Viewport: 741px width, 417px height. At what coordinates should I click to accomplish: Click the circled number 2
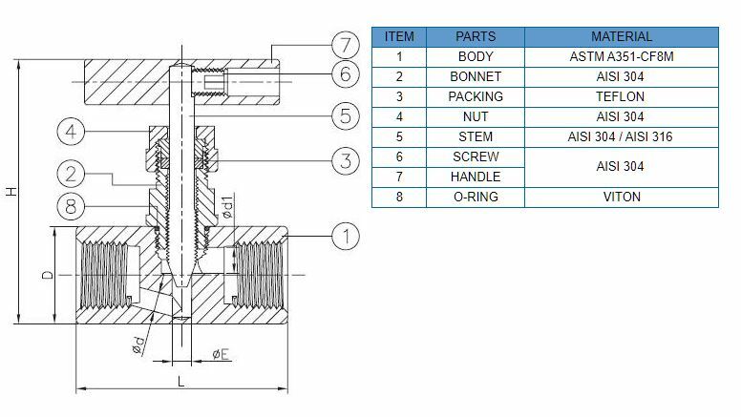(x=72, y=174)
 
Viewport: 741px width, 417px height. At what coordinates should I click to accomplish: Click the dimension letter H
(x=11, y=192)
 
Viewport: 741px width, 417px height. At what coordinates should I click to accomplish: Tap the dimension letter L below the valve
(x=181, y=381)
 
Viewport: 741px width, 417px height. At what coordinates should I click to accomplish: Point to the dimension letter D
(x=45, y=276)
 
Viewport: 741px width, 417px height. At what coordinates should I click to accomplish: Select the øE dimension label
(x=220, y=354)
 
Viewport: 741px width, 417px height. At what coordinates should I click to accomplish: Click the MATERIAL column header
(x=622, y=36)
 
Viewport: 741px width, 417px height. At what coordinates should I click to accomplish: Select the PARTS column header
(x=475, y=36)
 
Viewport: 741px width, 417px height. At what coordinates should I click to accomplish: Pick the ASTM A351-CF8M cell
(x=622, y=56)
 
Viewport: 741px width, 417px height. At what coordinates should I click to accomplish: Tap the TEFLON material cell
(x=622, y=96)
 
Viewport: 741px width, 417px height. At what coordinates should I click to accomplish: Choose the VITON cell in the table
(x=622, y=197)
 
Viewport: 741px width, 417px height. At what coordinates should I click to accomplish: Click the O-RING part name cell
(x=475, y=197)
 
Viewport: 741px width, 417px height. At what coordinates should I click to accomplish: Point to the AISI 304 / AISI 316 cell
(x=622, y=136)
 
